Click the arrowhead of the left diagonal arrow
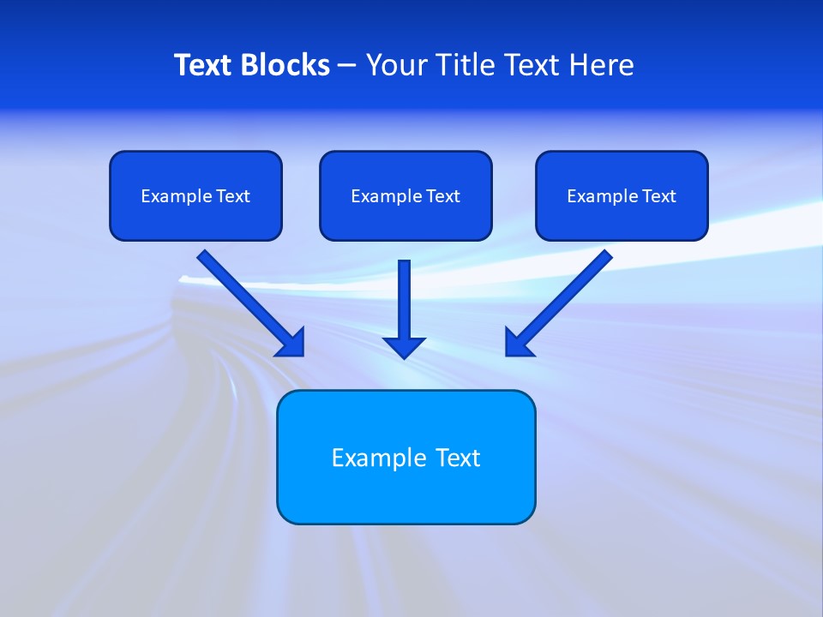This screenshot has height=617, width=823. point(291,343)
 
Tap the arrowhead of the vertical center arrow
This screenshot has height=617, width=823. point(404,347)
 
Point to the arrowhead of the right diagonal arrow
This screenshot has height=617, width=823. point(518,343)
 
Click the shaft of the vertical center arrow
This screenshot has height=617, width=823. point(404,296)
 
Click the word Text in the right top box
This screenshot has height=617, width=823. point(658,196)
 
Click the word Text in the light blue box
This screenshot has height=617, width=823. point(459,458)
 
